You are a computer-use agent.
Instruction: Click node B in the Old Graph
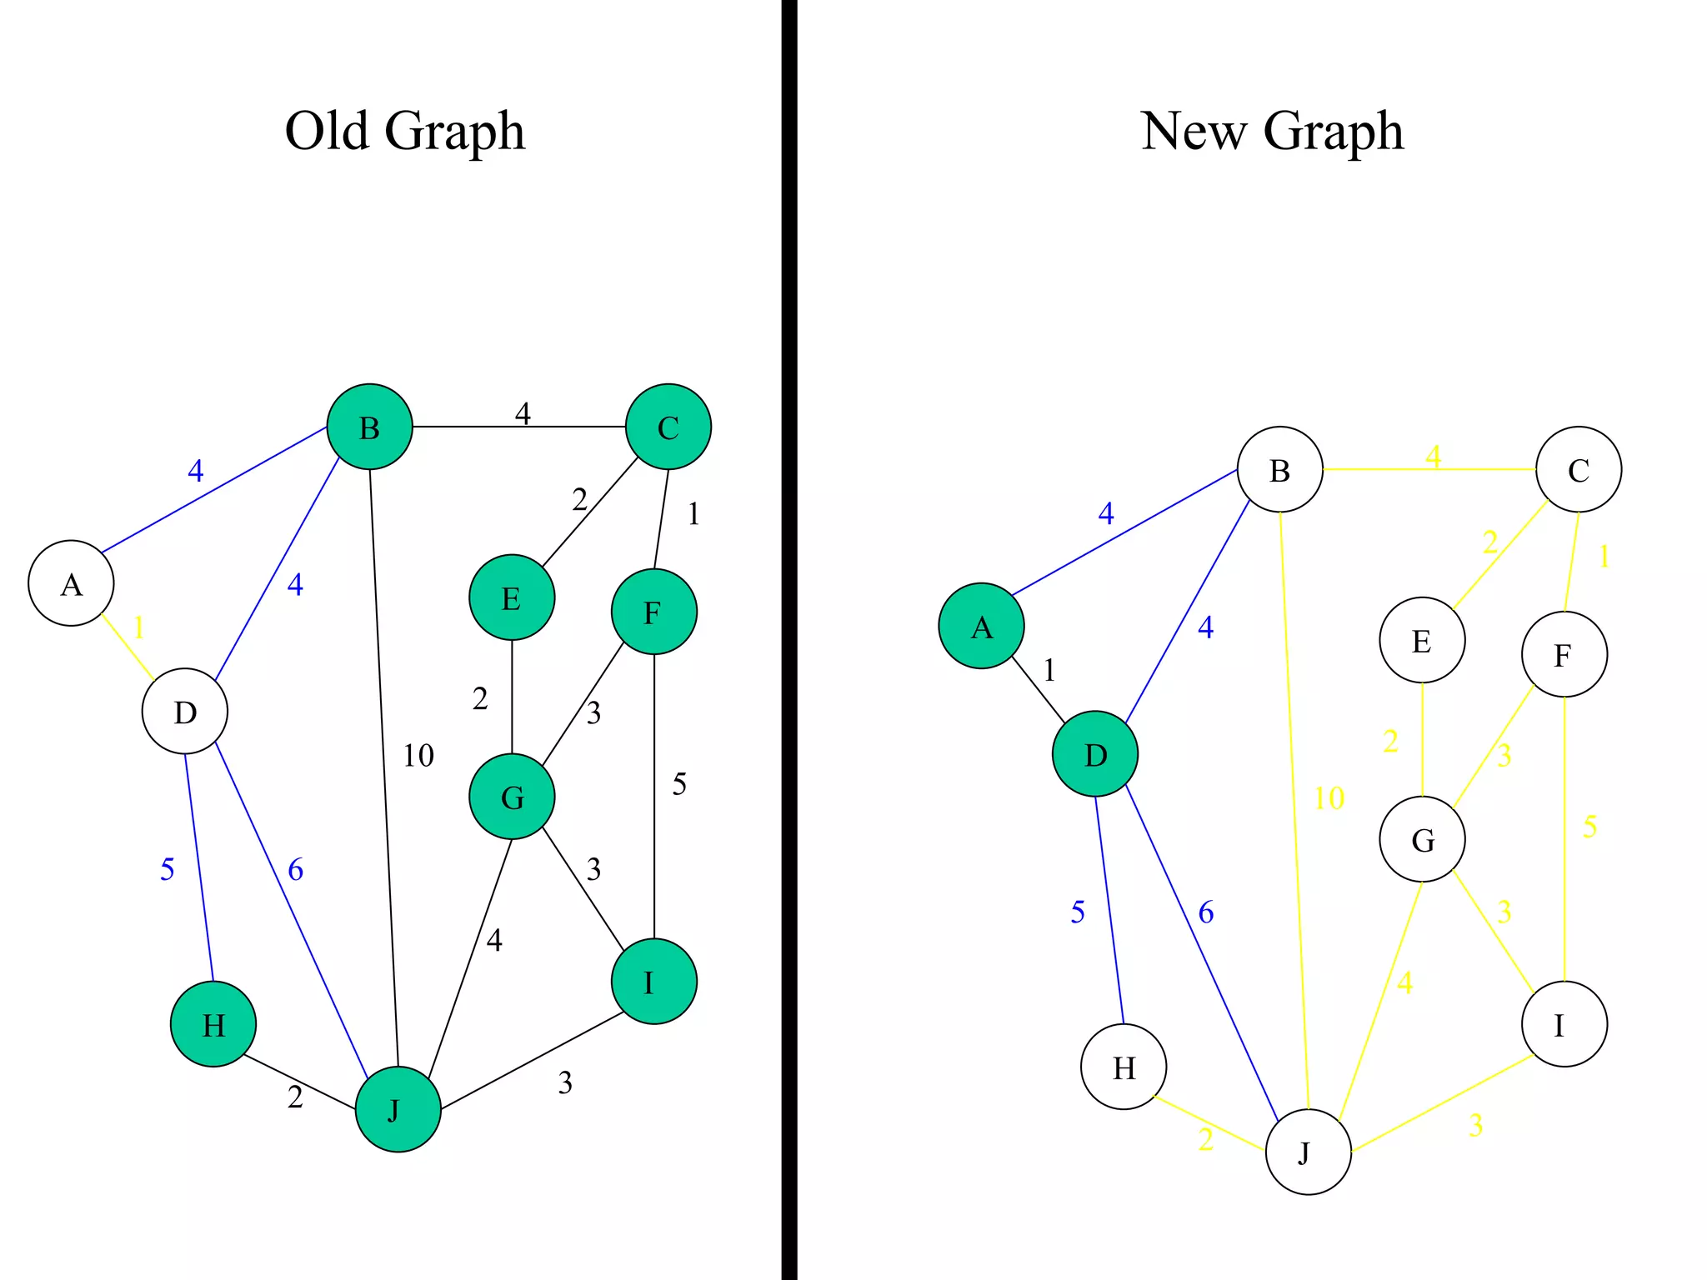(369, 427)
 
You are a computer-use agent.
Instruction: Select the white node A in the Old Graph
(71, 583)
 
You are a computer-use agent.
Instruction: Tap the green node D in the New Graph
(1094, 754)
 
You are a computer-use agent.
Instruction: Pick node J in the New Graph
(1308, 1152)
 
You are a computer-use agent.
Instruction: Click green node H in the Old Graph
(213, 1023)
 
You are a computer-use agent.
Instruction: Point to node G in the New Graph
(1422, 839)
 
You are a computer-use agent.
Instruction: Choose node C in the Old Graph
(668, 427)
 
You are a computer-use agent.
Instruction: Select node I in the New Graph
(1564, 1023)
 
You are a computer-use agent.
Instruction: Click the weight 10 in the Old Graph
(418, 756)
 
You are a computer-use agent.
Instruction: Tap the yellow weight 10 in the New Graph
(1329, 798)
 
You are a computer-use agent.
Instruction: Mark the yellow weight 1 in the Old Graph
(139, 627)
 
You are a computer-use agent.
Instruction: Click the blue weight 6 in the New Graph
(1206, 912)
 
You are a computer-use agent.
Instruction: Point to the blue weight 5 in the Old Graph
(168, 869)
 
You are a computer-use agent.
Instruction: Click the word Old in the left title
(326, 131)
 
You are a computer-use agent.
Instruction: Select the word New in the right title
(1193, 131)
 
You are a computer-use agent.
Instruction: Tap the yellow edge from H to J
(1209, 1122)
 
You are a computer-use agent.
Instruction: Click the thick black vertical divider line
(789, 640)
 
